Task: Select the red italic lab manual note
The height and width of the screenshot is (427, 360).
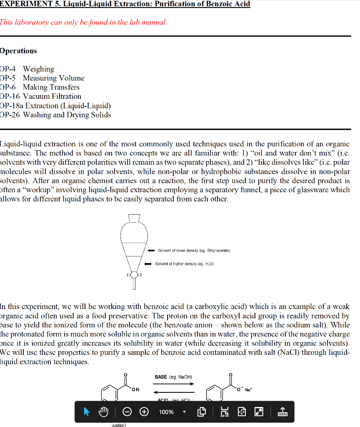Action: [x=83, y=22]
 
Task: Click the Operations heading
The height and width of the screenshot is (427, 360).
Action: [x=18, y=51]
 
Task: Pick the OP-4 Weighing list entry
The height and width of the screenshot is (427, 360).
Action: [x=27, y=69]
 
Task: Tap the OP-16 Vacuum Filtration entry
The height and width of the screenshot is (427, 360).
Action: [x=41, y=96]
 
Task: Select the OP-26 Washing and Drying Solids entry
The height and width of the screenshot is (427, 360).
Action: [x=56, y=115]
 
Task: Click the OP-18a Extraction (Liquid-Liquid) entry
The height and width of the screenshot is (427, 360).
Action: [x=55, y=105]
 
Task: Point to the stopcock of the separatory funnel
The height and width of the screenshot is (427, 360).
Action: [x=134, y=275]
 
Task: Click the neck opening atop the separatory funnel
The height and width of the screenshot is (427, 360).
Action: [x=134, y=218]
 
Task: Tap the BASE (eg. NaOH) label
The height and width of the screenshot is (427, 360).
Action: [x=172, y=377]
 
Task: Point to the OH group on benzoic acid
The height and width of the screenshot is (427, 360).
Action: [x=135, y=390]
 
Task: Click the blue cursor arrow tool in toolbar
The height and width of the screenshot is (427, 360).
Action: [x=87, y=412]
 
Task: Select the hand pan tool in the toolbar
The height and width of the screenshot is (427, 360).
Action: [x=103, y=412]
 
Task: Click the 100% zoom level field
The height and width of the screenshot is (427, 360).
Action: [x=166, y=412]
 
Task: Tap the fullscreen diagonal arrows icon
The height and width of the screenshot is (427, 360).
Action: [x=259, y=412]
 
